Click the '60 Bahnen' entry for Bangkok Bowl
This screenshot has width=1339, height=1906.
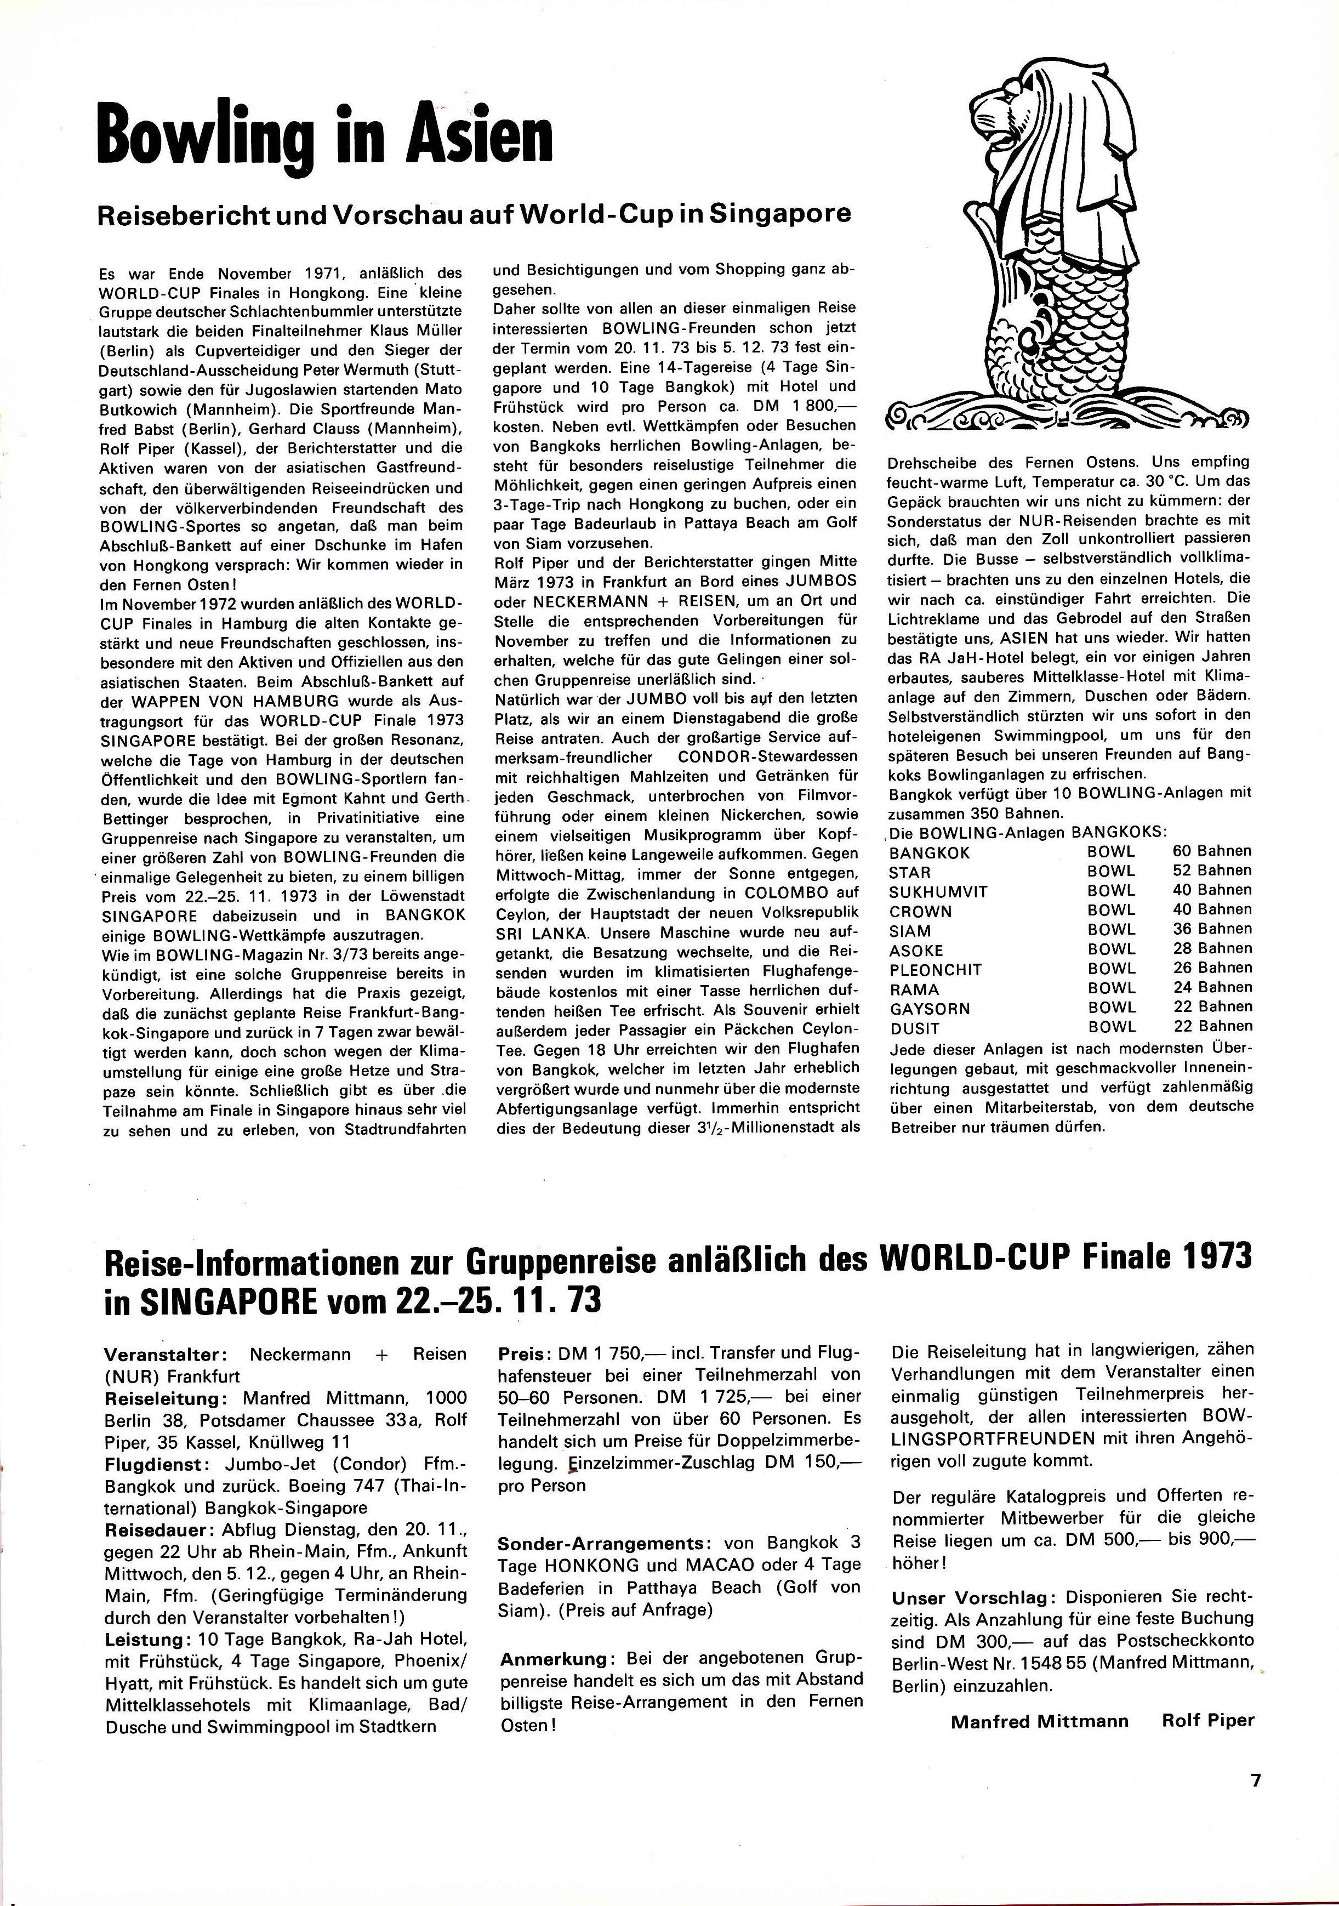1211,851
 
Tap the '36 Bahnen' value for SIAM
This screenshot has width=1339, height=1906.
1211,929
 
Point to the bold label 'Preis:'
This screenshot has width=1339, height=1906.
521,1355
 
